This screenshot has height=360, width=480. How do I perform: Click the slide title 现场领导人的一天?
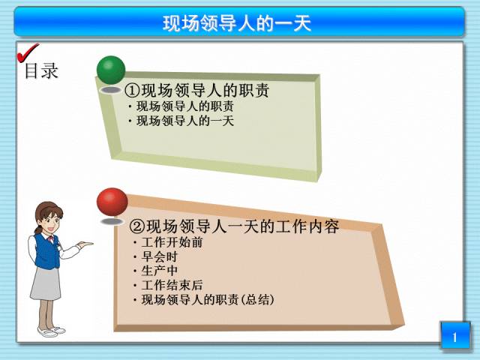click(237, 23)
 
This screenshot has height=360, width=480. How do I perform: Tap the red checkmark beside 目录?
click(27, 53)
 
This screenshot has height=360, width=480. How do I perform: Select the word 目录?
click(41, 71)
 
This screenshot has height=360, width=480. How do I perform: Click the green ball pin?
click(111, 70)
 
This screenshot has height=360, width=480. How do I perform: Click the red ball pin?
click(112, 202)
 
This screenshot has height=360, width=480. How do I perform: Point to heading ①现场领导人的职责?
click(196, 90)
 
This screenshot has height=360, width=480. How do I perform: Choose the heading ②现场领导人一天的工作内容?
click(234, 226)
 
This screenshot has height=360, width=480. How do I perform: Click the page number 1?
click(455, 337)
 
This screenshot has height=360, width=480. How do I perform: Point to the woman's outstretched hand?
click(84, 244)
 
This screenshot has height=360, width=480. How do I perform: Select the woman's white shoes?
click(51, 331)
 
